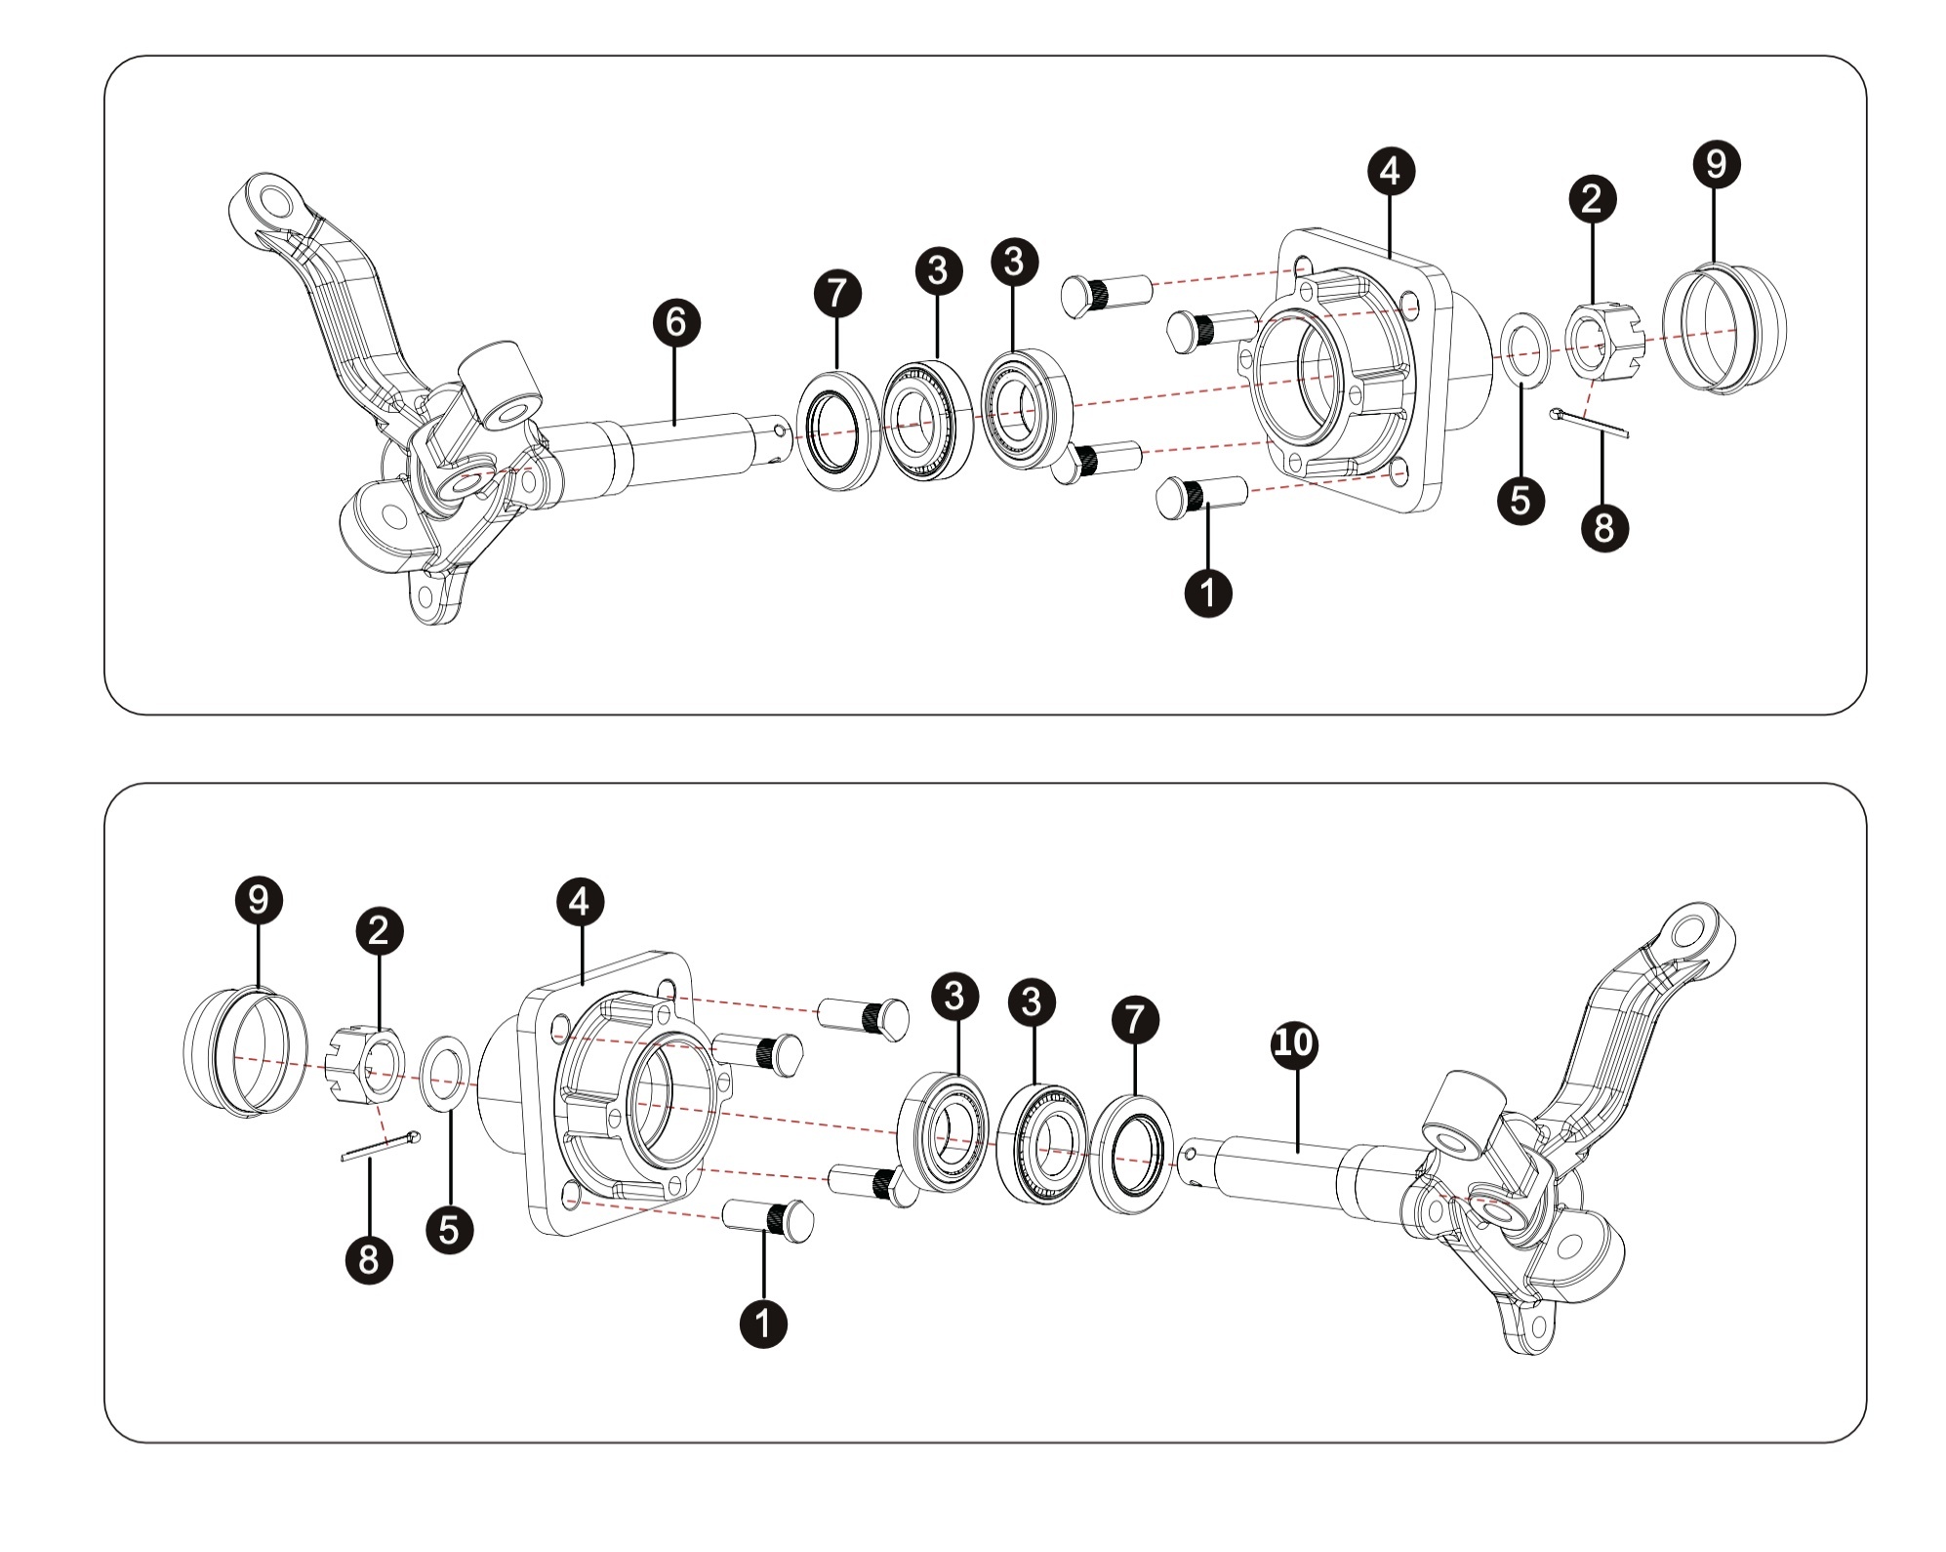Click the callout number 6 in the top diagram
676,322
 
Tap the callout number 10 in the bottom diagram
1293,1044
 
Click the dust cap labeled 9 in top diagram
1724,327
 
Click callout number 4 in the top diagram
1390,171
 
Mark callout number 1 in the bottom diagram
763,1324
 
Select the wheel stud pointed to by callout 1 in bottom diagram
768,1220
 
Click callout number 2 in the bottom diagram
380,930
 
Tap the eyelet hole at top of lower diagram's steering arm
1687,931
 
